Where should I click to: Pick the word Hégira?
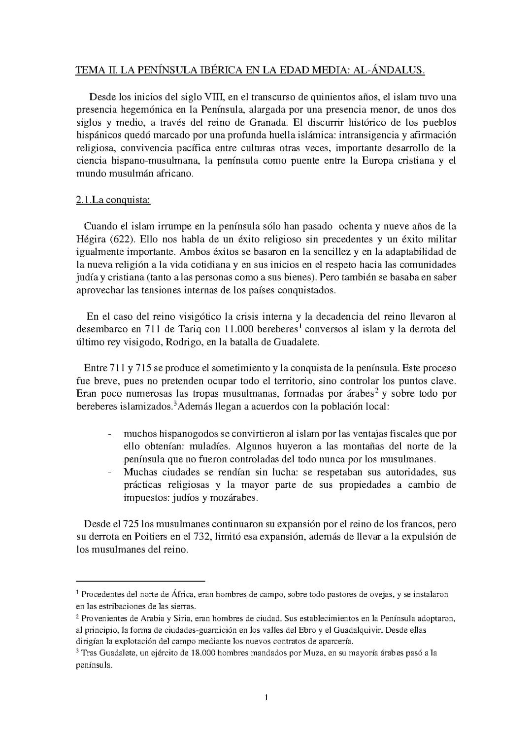click(x=90, y=239)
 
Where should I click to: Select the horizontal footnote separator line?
click(x=140, y=582)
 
